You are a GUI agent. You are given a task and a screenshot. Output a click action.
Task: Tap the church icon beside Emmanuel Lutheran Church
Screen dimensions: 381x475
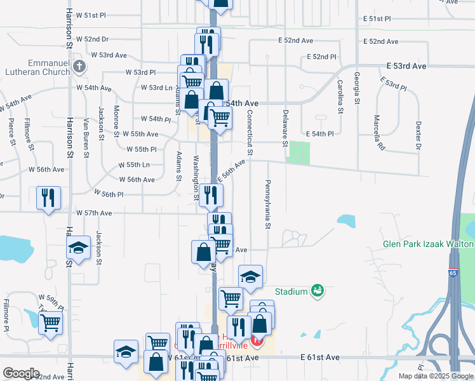pos(79,66)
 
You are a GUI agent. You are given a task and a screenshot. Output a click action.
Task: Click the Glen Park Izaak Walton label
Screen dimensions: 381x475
pos(428,244)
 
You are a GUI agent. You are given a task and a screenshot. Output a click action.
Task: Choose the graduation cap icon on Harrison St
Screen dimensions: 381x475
pos(78,247)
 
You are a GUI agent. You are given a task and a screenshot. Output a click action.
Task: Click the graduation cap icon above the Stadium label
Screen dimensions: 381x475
pos(250,276)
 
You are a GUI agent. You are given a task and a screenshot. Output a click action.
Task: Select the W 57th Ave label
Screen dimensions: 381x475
pos(94,213)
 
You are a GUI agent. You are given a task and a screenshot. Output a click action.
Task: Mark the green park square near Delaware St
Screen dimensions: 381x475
pos(298,153)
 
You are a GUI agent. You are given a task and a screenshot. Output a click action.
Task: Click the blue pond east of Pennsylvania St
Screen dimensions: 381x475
pos(346,221)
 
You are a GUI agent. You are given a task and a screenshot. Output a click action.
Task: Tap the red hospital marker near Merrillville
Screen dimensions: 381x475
pos(257,343)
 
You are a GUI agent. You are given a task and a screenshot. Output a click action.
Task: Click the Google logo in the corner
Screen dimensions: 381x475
pos(21,373)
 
